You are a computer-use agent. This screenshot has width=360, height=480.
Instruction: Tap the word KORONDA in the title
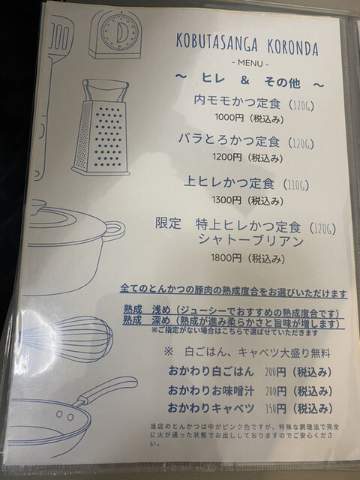[292, 47]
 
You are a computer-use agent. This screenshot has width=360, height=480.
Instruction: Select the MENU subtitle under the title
[250, 63]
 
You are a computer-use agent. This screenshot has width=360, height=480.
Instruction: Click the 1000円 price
[229, 117]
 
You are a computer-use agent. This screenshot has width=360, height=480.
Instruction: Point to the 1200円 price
[227, 157]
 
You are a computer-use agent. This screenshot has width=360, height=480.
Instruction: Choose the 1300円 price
[226, 200]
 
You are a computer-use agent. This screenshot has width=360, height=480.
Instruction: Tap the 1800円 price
[226, 258]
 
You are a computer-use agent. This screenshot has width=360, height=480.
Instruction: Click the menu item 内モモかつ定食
[237, 101]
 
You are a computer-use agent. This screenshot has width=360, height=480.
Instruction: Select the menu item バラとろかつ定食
[229, 140]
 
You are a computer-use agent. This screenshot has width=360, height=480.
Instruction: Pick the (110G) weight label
[296, 185]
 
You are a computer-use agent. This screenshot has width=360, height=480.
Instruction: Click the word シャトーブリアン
[250, 241]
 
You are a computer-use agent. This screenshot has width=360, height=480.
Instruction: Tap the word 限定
[168, 223]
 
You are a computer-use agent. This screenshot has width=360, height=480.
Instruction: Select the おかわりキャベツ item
[211, 408]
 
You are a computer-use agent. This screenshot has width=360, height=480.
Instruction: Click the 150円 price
[276, 409]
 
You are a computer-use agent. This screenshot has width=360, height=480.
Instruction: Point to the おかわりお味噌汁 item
[211, 391]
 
